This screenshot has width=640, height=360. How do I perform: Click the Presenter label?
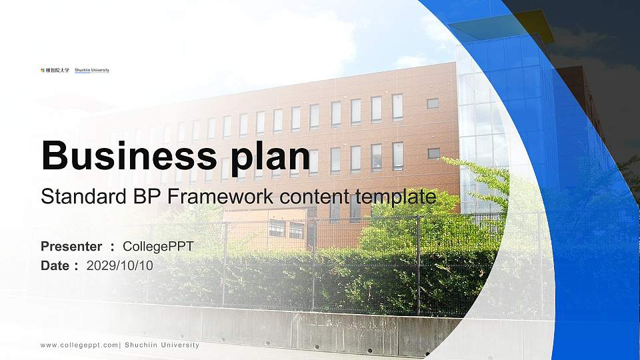coord(71,247)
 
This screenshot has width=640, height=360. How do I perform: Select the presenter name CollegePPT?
coord(159,247)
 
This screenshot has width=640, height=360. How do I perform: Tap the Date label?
coord(55,265)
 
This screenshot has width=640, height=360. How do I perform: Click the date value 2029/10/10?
coord(120,265)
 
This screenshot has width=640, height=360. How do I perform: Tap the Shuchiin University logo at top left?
coord(74,70)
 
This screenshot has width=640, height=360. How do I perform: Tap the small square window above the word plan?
coord(433,153)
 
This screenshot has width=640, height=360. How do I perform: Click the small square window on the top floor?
coord(433,103)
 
